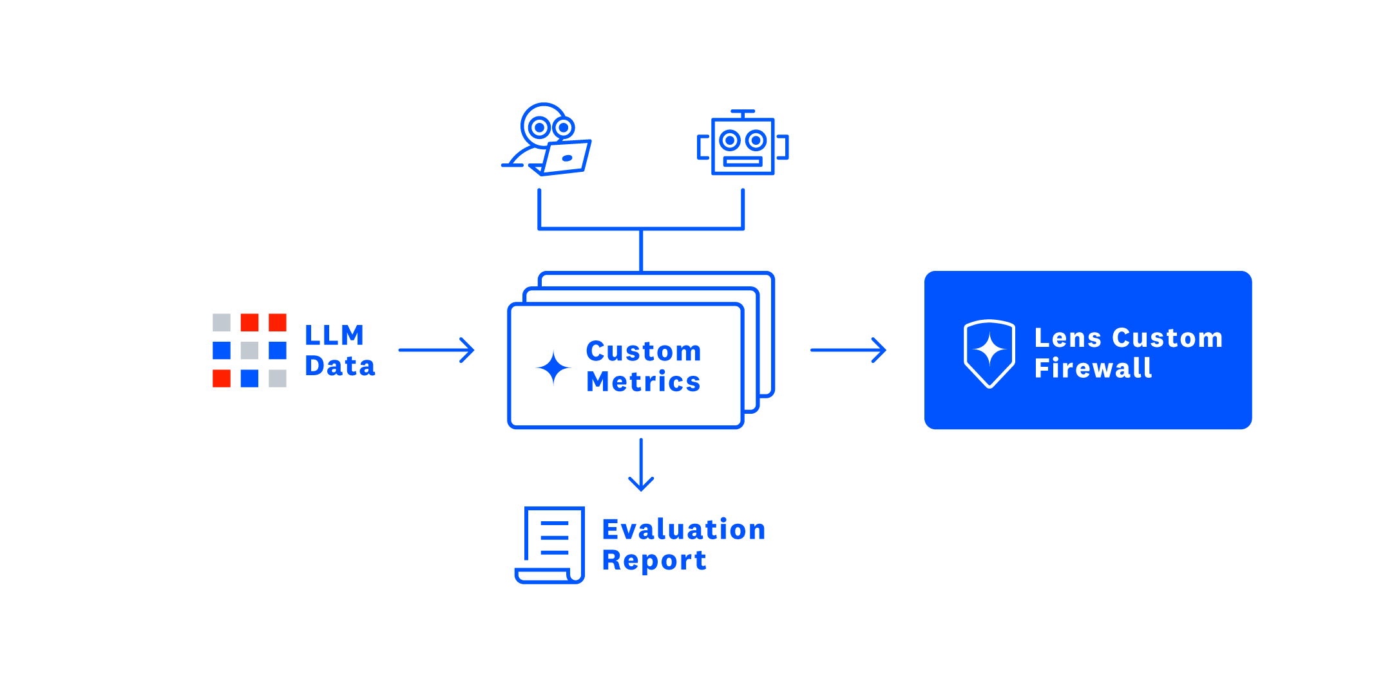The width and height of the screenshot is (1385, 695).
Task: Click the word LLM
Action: point(334,335)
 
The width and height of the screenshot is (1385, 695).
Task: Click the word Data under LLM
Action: point(339,366)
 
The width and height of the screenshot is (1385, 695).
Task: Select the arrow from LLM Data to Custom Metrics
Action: point(436,350)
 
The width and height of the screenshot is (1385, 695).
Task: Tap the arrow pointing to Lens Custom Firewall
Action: point(848,350)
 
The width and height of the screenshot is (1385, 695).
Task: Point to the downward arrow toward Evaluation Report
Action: point(641,465)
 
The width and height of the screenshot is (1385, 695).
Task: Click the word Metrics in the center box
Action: point(643,382)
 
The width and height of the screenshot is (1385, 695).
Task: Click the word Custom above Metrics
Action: point(643,351)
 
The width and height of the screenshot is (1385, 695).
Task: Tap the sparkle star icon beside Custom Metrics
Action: point(553,368)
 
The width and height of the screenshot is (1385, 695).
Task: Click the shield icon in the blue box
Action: point(989,353)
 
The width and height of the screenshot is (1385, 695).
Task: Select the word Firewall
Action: point(1093,368)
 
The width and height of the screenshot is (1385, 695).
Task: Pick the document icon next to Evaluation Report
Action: point(551,544)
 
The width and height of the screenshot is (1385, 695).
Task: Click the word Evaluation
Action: point(683,530)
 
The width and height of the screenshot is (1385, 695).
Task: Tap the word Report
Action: point(654,561)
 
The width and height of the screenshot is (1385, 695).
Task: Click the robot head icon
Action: point(743,146)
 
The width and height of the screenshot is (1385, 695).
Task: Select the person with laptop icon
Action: point(546,139)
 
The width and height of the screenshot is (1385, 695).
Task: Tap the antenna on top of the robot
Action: point(743,113)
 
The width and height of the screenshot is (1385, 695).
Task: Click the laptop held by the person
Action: point(566,157)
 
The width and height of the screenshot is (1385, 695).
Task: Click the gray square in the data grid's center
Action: point(249,350)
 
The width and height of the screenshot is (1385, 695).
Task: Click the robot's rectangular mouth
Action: point(743,162)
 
